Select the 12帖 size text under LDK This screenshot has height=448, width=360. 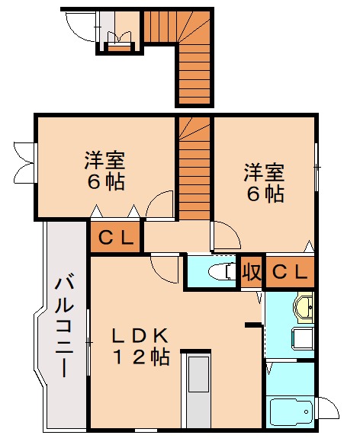140,357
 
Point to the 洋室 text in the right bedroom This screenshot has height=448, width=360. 264,171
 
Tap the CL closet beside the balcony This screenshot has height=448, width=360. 115,238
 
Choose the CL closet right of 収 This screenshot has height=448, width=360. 290,271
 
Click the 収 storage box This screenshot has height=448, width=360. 250,272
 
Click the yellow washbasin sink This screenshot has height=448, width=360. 304,308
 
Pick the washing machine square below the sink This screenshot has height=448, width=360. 303,338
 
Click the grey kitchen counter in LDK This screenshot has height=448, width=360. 198,392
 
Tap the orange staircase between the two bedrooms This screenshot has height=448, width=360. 195,168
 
